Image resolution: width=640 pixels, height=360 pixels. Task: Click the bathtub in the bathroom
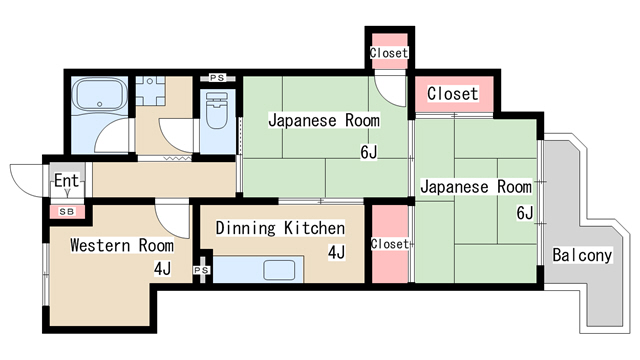point(100,94)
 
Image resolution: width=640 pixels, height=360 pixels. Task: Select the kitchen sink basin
point(279,270)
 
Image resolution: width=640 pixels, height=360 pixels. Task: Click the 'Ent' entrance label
point(67,180)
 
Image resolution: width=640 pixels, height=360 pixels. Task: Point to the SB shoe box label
point(67,212)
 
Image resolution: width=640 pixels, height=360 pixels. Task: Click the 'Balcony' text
point(582,255)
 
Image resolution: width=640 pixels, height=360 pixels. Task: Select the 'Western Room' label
point(122,245)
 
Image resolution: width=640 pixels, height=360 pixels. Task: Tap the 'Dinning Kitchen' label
point(280,228)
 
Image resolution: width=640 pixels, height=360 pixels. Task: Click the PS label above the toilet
point(217,78)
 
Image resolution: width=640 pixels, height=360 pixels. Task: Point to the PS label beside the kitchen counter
point(201,270)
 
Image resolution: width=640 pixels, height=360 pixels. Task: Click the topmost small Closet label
point(389,53)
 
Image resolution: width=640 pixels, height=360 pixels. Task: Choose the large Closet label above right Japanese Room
point(452,94)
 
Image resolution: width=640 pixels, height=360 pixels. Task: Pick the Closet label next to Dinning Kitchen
point(389,244)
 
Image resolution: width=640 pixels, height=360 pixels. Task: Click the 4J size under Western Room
point(162,269)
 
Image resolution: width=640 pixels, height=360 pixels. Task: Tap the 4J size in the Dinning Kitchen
point(337,253)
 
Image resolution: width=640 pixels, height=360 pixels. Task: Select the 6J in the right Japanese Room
point(525,213)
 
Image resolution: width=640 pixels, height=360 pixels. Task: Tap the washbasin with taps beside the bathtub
point(150,91)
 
